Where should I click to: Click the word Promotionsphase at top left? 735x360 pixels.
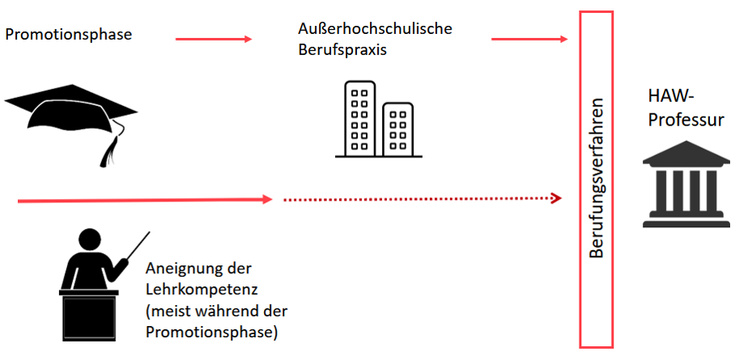click(x=69, y=35)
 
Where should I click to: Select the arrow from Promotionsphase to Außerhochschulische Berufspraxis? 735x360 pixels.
click(x=214, y=40)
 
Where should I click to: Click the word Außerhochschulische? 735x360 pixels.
click(x=375, y=29)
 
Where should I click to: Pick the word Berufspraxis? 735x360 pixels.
click(x=342, y=50)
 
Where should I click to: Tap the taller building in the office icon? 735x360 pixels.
click(x=360, y=118)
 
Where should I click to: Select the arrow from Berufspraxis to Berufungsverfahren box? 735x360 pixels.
click(x=529, y=40)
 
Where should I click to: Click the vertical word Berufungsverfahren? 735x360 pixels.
click(x=597, y=178)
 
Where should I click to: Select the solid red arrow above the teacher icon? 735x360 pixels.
click(x=145, y=200)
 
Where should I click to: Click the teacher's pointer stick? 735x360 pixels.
click(x=138, y=244)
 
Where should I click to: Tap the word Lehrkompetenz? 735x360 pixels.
click(x=202, y=290)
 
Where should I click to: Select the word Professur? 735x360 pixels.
click(x=686, y=120)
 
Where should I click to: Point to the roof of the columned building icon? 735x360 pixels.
click(x=686, y=152)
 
